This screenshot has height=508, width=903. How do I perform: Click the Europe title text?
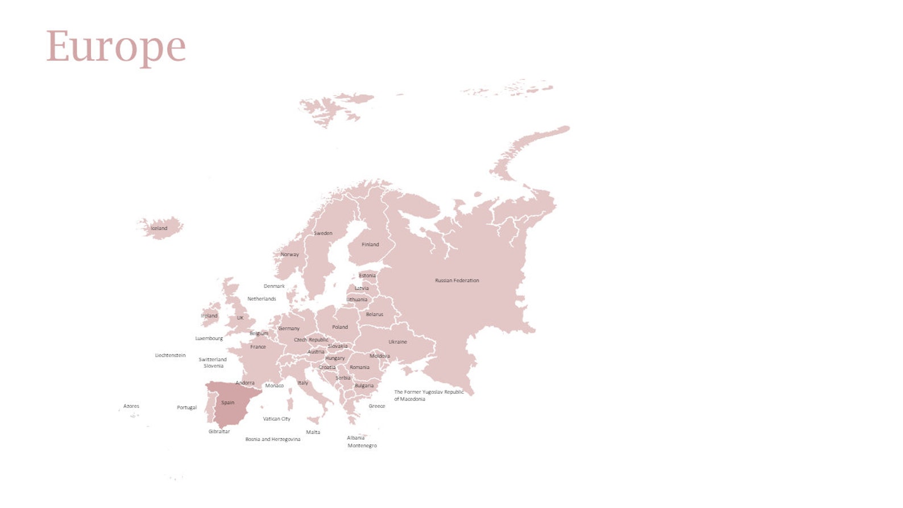[x=115, y=47]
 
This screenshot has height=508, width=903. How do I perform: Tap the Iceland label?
[x=159, y=229]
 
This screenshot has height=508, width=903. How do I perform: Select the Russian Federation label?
[x=457, y=280]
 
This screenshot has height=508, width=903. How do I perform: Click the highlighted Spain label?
[x=227, y=403]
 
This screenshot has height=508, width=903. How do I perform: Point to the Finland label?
[x=370, y=245]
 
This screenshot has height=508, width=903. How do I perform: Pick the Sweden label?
[x=323, y=233]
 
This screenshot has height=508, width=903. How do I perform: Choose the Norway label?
[x=289, y=254]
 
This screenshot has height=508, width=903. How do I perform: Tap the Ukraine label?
[x=397, y=342]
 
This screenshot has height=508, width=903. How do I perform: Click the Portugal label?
[x=187, y=407]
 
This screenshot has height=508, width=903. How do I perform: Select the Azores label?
[x=131, y=406]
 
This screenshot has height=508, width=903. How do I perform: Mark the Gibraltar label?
[x=219, y=431]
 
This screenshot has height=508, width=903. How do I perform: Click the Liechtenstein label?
[x=170, y=356]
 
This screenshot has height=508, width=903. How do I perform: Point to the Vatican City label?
[x=276, y=419]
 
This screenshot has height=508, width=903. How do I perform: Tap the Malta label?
[x=313, y=432]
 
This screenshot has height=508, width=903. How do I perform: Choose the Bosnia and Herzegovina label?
[x=272, y=439]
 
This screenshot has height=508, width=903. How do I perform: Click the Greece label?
[x=376, y=406]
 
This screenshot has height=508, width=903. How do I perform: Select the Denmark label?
[x=274, y=286]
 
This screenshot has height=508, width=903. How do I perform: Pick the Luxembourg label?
[x=209, y=338]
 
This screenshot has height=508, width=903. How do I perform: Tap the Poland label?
[x=340, y=327]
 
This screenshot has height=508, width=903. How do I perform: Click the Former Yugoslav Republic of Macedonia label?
[x=429, y=395]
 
